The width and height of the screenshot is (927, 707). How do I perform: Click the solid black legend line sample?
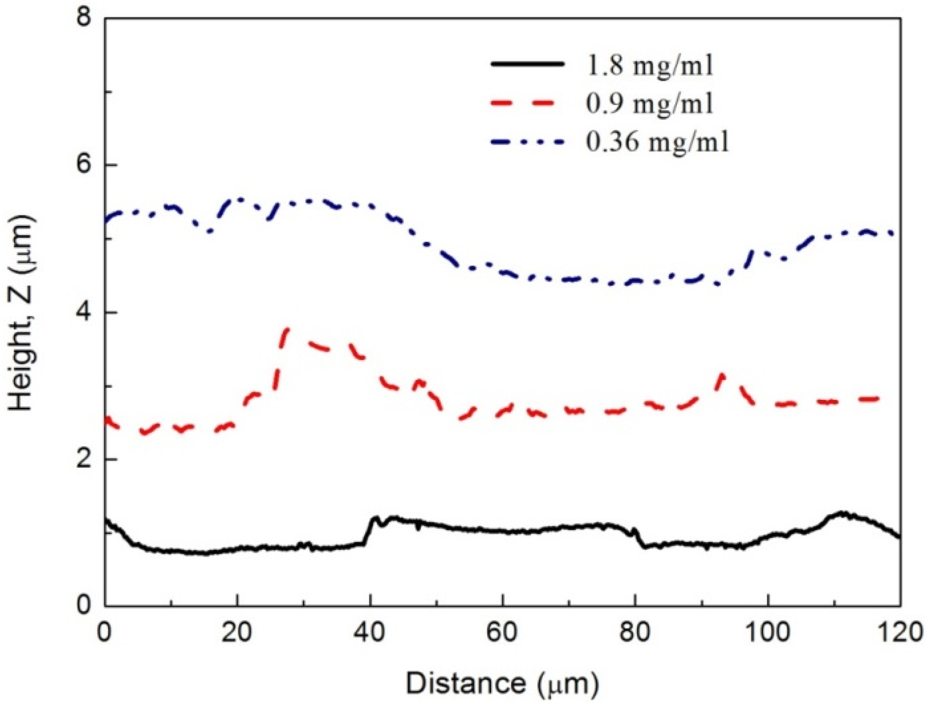point(528,64)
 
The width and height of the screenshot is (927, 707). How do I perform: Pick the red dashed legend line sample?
point(528,103)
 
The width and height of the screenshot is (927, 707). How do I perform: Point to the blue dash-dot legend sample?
point(528,142)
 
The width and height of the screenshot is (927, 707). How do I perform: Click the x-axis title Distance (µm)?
point(502,683)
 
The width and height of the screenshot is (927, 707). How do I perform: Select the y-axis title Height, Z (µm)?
point(22,313)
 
